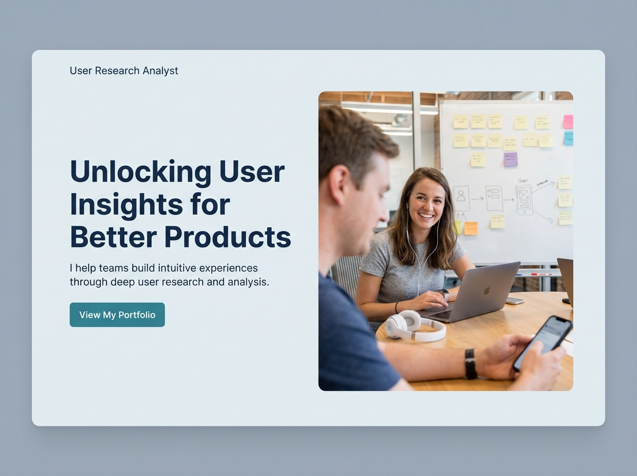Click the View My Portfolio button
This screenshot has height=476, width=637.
click(x=117, y=314)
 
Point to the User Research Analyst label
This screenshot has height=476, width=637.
click(x=124, y=71)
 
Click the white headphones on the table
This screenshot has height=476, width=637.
click(x=414, y=326)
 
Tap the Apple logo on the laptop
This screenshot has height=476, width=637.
click(x=487, y=290)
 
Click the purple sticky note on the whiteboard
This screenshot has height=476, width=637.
click(x=510, y=159)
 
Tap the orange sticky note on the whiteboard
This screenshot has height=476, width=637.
click(x=471, y=228)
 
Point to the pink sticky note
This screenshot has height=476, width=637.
click(x=568, y=122)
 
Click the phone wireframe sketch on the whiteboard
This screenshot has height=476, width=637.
click(x=523, y=200)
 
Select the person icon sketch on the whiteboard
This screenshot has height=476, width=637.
click(x=461, y=198)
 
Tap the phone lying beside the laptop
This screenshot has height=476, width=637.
click(x=514, y=301)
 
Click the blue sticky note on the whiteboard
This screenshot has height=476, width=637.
click(x=568, y=139)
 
